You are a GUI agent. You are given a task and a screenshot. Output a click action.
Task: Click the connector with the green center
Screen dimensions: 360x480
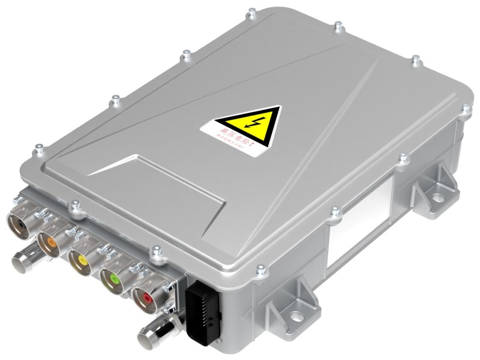pyautogui.click(x=112, y=278)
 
